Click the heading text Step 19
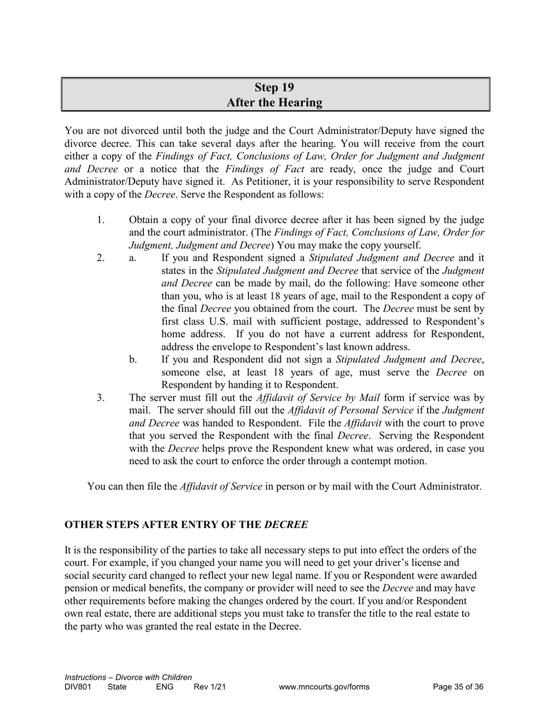coord(274,88)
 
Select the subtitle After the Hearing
coord(274,103)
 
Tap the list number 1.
coord(100,220)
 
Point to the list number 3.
coord(100,398)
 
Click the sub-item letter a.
coord(132,258)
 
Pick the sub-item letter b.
coord(132,360)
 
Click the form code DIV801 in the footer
coord(78,687)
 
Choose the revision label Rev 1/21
coord(209,687)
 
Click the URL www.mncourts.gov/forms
coord(324,687)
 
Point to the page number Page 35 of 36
coord(458,687)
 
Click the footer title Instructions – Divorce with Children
coord(128,677)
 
